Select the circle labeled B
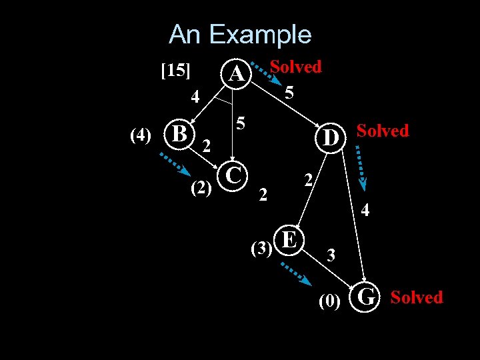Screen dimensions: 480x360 pos(179,133)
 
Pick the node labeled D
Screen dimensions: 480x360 pos(329,139)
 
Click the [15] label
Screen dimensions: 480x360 pos(176,70)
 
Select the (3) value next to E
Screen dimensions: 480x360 pos(260,249)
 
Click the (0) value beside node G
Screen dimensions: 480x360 pos(329,302)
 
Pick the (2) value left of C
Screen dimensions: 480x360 pos(201,189)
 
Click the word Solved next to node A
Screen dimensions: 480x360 pos(295,67)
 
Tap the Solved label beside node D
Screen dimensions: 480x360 pos(383,131)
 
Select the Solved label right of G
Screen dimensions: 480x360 pos(416,297)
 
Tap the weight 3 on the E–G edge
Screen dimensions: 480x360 pos(331,255)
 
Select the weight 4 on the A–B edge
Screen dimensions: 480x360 pos(195,97)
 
